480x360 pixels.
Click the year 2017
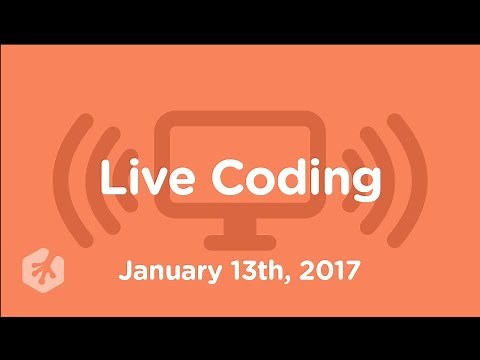click(325, 271)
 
